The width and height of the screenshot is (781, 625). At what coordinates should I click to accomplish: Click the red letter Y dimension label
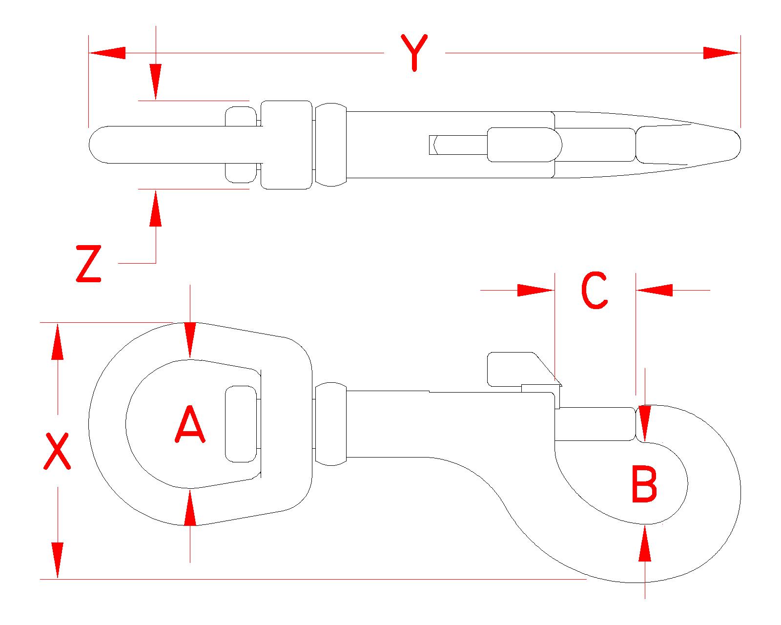pyautogui.click(x=414, y=52)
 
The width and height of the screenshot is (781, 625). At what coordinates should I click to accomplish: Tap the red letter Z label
pyautogui.click(x=88, y=264)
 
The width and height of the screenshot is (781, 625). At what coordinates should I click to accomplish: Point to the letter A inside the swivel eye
pyautogui.click(x=189, y=426)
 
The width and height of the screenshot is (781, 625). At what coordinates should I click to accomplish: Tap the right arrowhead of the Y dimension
pyautogui.click(x=722, y=53)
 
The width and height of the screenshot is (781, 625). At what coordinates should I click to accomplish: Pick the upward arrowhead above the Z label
pyautogui.click(x=156, y=208)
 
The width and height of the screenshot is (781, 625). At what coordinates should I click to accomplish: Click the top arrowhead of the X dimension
pyautogui.click(x=58, y=341)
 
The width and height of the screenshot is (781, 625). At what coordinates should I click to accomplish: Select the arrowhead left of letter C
pyautogui.click(x=536, y=291)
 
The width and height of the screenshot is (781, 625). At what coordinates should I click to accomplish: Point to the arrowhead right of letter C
pyautogui.click(x=655, y=291)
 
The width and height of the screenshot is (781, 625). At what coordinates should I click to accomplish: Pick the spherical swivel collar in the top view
pyautogui.click(x=330, y=145)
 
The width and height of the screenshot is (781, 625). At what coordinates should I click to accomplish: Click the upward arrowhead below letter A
pyautogui.click(x=190, y=508)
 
